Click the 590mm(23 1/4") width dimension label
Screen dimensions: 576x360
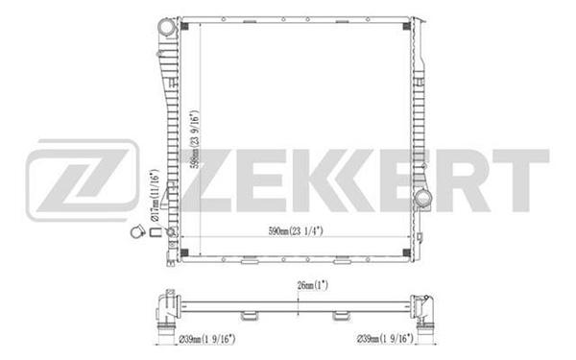[x=296, y=231]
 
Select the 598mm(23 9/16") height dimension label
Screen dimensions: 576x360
[x=195, y=139]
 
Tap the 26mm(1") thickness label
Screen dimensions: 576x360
[x=312, y=285]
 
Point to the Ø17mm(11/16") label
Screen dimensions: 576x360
[x=155, y=195]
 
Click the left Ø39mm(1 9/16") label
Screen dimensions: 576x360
[x=206, y=339]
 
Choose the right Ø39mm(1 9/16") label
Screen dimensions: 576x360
[x=385, y=338]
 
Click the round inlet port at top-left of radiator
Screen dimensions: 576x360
[x=167, y=28]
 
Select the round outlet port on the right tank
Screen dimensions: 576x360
[x=423, y=199]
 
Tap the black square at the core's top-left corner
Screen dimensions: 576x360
[x=184, y=26]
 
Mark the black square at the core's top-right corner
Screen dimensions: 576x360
[x=407, y=26]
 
